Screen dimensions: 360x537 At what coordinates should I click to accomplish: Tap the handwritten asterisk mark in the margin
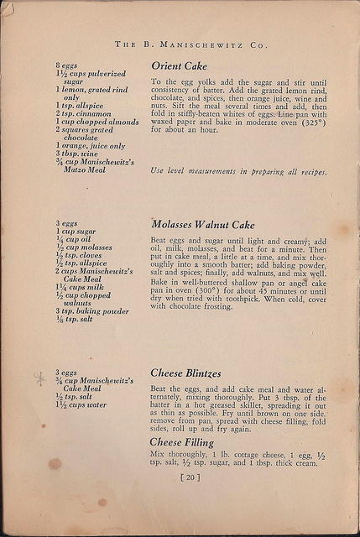(x=39, y=378)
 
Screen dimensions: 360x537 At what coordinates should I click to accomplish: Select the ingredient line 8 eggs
(x=67, y=65)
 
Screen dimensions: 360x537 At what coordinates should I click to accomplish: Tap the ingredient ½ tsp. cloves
(x=78, y=255)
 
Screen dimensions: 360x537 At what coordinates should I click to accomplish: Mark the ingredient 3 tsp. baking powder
(x=91, y=310)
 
